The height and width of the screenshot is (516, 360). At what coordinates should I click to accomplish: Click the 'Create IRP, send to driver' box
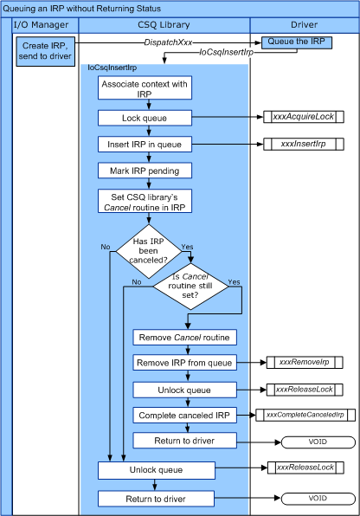44,50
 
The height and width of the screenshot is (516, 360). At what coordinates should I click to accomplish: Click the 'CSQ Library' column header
164,25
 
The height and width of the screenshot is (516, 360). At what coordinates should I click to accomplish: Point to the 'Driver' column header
303,25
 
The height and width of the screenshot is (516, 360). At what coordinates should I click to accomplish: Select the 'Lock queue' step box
145,117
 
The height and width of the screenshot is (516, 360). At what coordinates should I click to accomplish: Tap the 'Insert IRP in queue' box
145,144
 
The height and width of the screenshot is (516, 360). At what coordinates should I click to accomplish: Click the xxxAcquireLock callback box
301,117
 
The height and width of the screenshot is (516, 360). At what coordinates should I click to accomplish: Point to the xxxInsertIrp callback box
301,144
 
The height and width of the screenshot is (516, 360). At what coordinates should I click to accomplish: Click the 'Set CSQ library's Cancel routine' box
145,202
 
